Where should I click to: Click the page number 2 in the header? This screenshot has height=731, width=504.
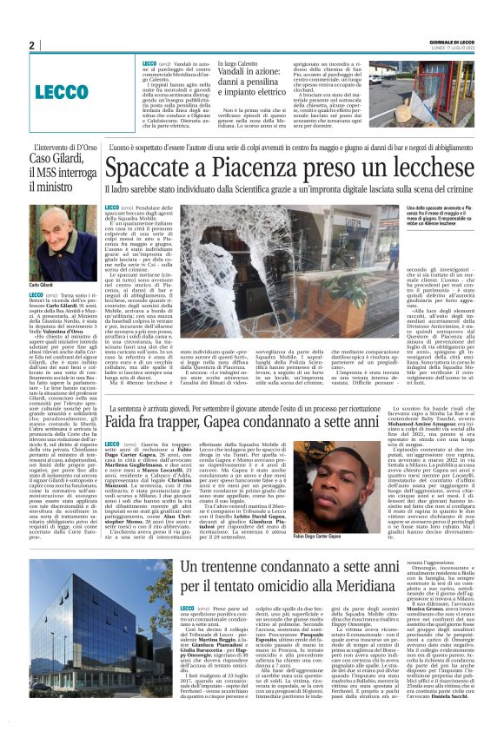click(31, 45)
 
